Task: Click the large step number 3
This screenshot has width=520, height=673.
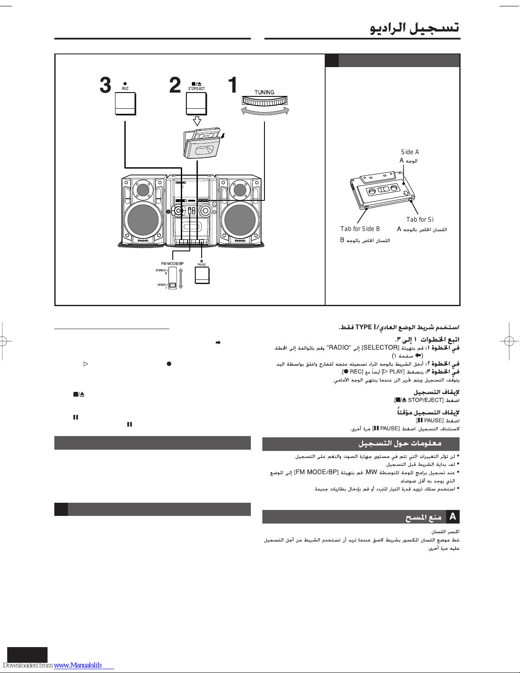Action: point(105,85)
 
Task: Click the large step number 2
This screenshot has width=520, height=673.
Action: point(174,85)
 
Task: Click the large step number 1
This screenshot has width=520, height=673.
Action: point(233,85)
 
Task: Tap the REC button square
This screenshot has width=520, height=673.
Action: point(125,104)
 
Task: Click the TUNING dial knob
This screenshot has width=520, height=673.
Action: point(264,101)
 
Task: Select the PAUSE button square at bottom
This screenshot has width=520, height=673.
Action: point(202,275)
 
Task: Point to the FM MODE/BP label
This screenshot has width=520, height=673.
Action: point(172,264)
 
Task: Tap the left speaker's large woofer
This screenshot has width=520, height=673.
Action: point(143,220)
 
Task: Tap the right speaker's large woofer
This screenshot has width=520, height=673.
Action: point(240,220)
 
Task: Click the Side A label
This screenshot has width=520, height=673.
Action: point(410,152)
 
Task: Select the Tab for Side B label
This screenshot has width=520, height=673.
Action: point(360,229)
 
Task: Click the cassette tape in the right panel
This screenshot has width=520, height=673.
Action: point(382,189)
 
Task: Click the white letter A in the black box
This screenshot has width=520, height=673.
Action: point(453,517)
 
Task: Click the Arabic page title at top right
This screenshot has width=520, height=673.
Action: point(414,28)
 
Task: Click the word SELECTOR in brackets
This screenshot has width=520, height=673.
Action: point(380,348)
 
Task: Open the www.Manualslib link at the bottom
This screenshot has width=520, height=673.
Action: point(78,665)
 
